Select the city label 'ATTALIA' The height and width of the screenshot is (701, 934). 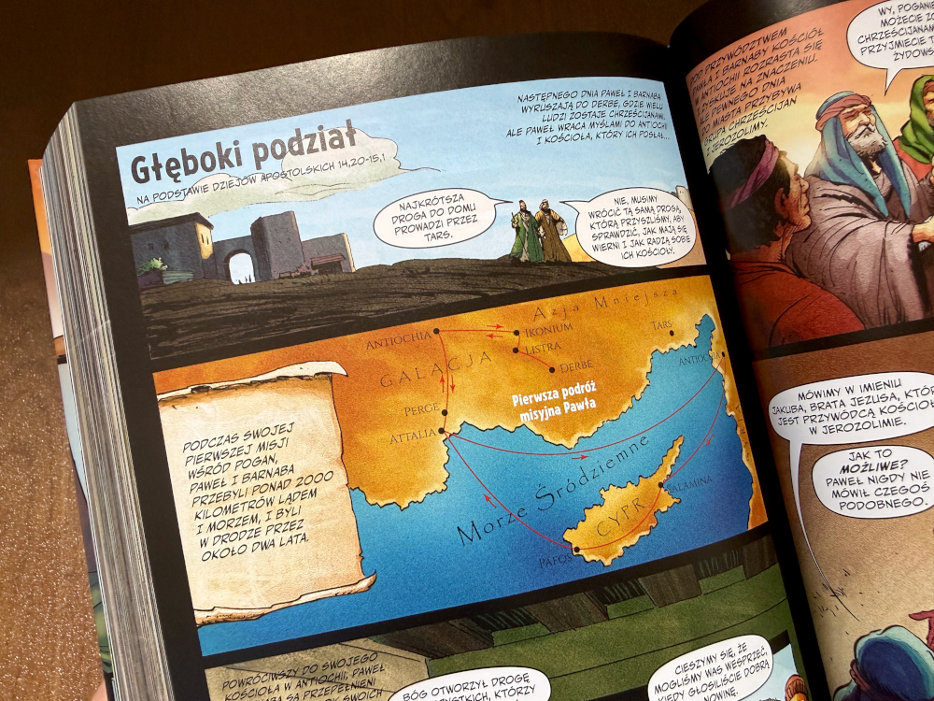pos(414,435)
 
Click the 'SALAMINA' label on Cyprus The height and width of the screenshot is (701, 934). pos(690,480)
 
